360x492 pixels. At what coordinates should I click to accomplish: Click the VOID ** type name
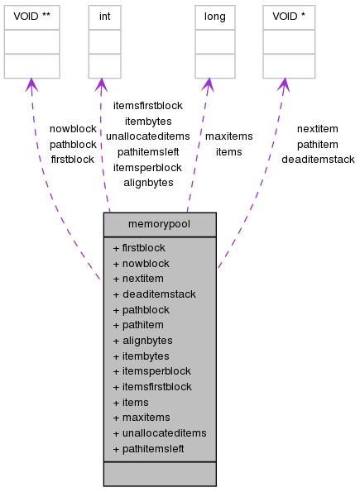(31, 16)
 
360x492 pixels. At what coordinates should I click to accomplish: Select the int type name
(105, 16)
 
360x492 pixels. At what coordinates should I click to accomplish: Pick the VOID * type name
(287, 16)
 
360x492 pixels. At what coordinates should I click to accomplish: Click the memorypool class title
(160, 225)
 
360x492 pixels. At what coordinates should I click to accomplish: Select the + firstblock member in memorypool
(139, 247)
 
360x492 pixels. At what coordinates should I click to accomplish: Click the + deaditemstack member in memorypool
(154, 294)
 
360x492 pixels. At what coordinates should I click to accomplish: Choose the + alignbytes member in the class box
(142, 340)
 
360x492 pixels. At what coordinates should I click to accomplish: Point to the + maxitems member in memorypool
(142, 418)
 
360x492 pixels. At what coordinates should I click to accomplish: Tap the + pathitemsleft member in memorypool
(148, 448)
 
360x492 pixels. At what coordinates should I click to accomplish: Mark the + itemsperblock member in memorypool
(151, 370)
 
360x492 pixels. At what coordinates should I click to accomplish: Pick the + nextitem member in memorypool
(138, 279)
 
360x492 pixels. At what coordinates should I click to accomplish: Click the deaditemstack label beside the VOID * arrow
(318, 159)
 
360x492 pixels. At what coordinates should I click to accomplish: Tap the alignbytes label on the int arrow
(148, 182)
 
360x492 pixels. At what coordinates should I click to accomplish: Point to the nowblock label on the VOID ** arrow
(73, 129)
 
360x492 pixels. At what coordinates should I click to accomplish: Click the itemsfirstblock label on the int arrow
(147, 106)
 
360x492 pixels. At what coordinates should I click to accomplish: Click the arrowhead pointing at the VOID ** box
(31, 85)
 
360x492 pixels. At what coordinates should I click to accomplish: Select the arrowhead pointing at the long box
(208, 85)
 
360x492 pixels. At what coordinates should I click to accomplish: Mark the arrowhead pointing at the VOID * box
(284, 85)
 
